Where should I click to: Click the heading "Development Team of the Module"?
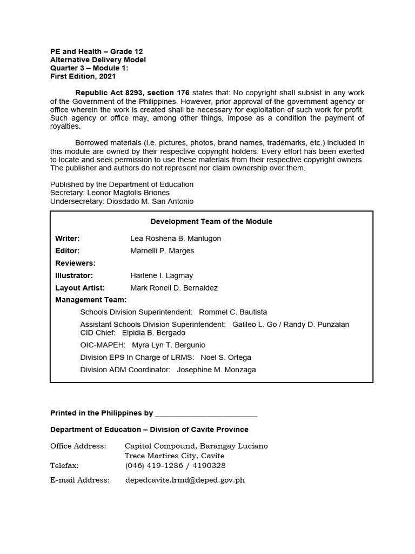click(x=211, y=221)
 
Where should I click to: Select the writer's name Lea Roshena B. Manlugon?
click(x=176, y=239)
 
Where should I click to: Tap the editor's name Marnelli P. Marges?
click(x=162, y=251)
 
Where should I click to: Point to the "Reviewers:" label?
click(x=75, y=263)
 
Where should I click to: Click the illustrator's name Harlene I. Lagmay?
click(x=162, y=275)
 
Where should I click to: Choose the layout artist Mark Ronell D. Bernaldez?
click(x=174, y=288)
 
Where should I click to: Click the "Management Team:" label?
click(x=91, y=300)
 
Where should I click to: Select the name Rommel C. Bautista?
click(x=233, y=312)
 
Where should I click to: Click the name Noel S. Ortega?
click(x=226, y=358)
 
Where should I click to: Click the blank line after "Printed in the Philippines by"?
click(x=206, y=413)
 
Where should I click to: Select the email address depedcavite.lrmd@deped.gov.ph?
click(x=185, y=480)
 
